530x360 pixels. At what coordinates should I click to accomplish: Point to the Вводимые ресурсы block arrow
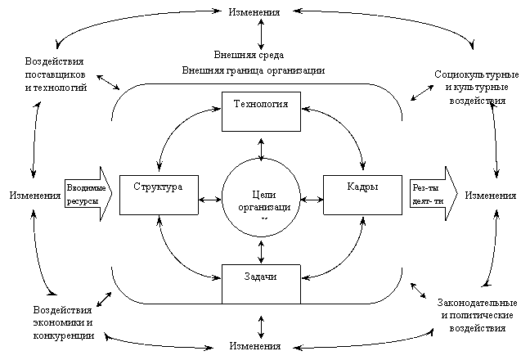[x=88, y=194]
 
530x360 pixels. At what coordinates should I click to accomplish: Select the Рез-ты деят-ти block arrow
[x=433, y=194]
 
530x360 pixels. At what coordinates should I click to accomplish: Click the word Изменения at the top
[x=254, y=12]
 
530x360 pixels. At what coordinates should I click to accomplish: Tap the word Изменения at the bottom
[x=255, y=346]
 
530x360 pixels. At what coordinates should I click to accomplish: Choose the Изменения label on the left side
[x=35, y=196]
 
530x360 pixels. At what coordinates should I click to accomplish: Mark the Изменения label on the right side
[x=491, y=196]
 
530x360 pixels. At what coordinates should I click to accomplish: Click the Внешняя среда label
[x=249, y=55]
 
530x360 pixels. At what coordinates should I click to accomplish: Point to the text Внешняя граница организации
[x=254, y=70]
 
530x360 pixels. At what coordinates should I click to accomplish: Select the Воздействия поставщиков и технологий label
[x=56, y=74]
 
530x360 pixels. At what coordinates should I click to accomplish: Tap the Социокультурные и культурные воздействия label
[x=477, y=88]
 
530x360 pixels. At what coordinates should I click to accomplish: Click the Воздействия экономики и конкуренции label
[x=63, y=322]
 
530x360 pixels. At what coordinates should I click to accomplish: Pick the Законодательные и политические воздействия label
[x=478, y=315]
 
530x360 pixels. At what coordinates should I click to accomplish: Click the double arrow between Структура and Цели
[x=210, y=200]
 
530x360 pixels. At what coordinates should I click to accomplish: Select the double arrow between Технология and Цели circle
[x=261, y=149]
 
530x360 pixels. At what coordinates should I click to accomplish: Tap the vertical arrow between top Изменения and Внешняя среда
[x=261, y=34]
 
